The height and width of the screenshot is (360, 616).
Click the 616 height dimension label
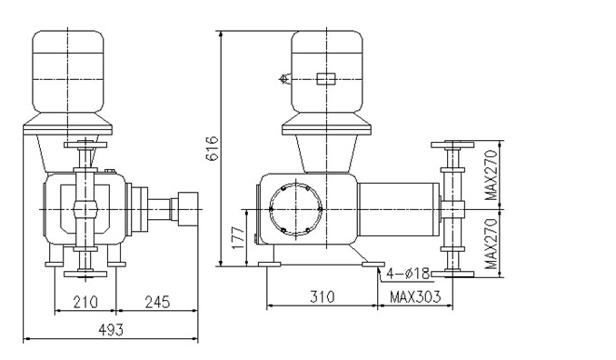pos(213,148)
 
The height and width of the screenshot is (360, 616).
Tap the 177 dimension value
pos(238,237)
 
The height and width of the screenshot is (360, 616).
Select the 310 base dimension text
pos(323,296)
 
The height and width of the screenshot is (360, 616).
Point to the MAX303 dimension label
pos(415,296)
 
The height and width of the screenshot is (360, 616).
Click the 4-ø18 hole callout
pos(409,273)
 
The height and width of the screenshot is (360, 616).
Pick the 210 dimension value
pos(85,302)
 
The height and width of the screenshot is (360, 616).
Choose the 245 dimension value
pos(157,302)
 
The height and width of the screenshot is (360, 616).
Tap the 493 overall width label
pos(111,330)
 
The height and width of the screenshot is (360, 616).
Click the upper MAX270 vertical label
pos(491,175)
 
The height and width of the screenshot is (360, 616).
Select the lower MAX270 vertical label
pos(491,244)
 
